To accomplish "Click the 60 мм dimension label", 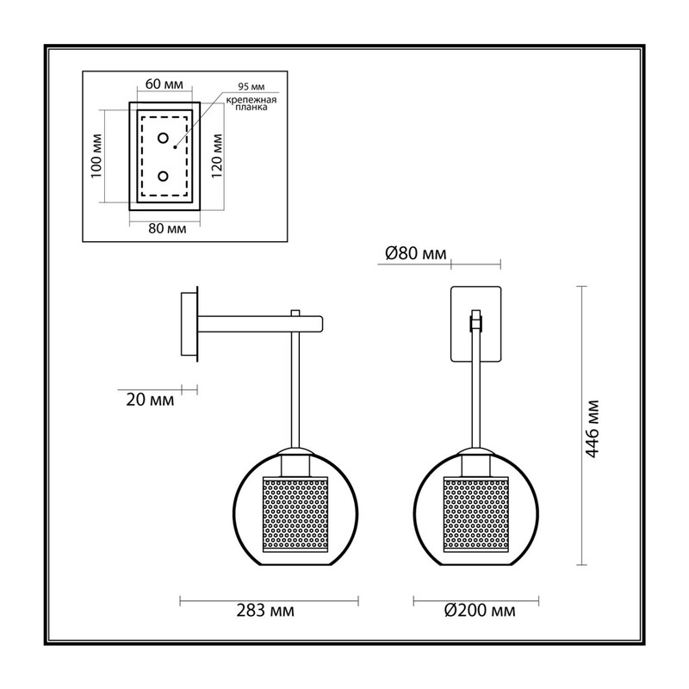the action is coord(164,84).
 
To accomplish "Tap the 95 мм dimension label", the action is coord(251,87).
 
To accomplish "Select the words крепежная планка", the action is coord(251,103).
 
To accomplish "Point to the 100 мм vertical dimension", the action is coord(96,156).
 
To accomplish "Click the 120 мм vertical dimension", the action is coord(217,156).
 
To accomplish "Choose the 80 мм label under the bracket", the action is coord(167,228).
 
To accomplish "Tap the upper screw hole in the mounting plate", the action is coord(163,139).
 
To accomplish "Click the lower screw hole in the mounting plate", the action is coord(163,177).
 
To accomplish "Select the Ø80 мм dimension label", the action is coord(416,253).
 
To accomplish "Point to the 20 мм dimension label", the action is coord(150,400).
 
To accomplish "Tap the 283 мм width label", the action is coord(265,611).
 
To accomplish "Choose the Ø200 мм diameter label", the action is coord(480,611).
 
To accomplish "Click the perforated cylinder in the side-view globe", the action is coord(295,514).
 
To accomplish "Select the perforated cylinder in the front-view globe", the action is coord(476,514).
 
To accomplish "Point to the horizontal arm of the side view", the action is coord(261,324).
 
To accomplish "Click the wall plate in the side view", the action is coord(189,325).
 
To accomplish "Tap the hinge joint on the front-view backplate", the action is coord(476,320).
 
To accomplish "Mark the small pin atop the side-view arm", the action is coord(295,313).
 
